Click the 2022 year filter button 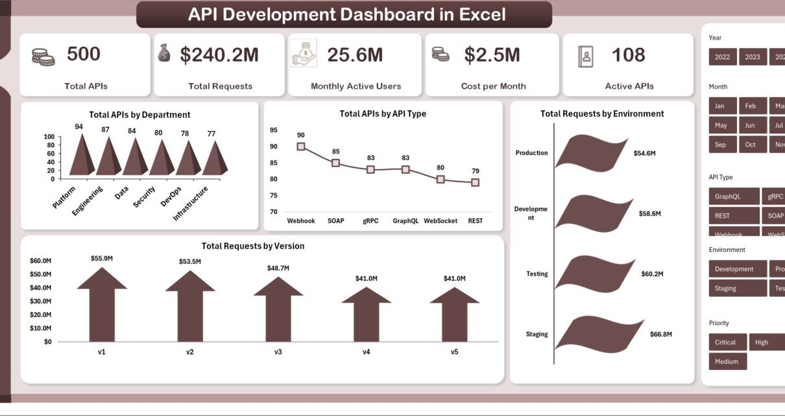tap(722, 57)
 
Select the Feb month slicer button tap(750, 106)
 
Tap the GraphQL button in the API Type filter tap(733, 196)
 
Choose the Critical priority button tap(725, 342)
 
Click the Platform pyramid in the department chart tap(82, 156)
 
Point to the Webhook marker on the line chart tap(301, 146)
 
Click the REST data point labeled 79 tap(476, 183)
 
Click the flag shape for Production tap(590, 154)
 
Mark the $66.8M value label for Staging tap(660, 334)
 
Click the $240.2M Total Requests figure tap(219, 56)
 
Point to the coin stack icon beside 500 tap(43, 56)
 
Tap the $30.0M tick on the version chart tap(41, 301)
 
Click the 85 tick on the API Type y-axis tap(273, 163)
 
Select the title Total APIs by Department tap(139, 115)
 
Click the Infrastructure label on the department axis tap(191, 203)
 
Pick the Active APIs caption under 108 tap(629, 86)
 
